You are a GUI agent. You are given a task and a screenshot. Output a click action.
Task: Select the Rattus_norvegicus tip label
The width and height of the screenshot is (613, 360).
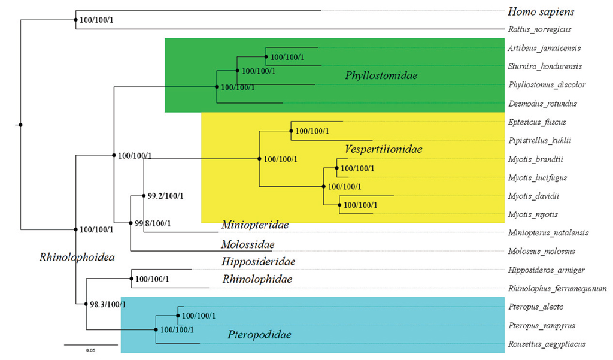point(539,29)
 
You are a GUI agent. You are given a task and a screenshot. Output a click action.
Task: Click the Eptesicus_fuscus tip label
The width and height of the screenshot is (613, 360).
point(536,122)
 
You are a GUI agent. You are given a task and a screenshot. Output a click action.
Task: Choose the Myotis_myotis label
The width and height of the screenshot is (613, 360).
point(532,214)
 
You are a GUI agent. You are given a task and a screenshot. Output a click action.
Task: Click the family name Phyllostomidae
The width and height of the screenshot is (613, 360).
point(381,76)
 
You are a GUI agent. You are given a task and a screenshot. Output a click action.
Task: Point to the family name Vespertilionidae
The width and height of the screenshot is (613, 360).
point(383,149)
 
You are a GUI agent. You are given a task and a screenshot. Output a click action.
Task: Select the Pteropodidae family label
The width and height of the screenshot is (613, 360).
point(259,335)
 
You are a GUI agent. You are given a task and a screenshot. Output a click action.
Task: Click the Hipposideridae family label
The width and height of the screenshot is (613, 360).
point(259,261)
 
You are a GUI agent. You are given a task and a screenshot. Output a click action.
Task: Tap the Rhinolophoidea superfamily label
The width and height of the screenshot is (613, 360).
point(76,258)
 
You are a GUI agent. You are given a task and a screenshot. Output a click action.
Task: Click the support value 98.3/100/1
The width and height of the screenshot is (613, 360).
point(108,304)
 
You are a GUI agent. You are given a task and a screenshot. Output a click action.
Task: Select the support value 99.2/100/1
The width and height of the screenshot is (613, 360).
point(166,196)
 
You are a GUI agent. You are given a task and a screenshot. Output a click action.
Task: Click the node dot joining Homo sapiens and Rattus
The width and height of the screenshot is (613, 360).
point(75,20)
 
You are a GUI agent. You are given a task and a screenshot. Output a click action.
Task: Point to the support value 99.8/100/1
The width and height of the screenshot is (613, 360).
point(153,223)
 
